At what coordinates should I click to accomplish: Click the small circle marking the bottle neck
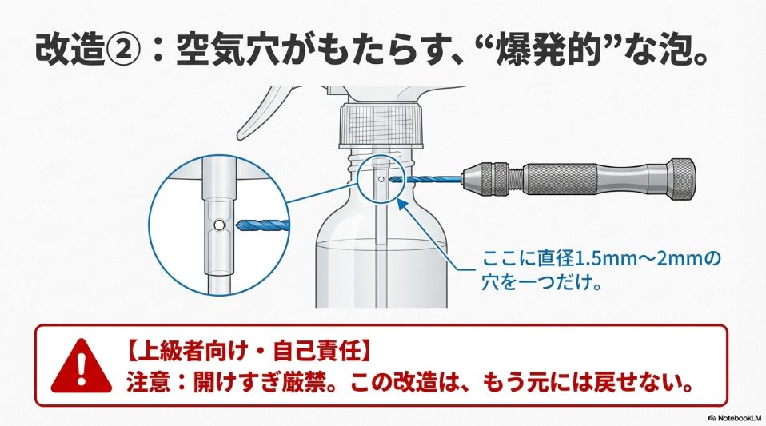pyautogui.click(x=381, y=177)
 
